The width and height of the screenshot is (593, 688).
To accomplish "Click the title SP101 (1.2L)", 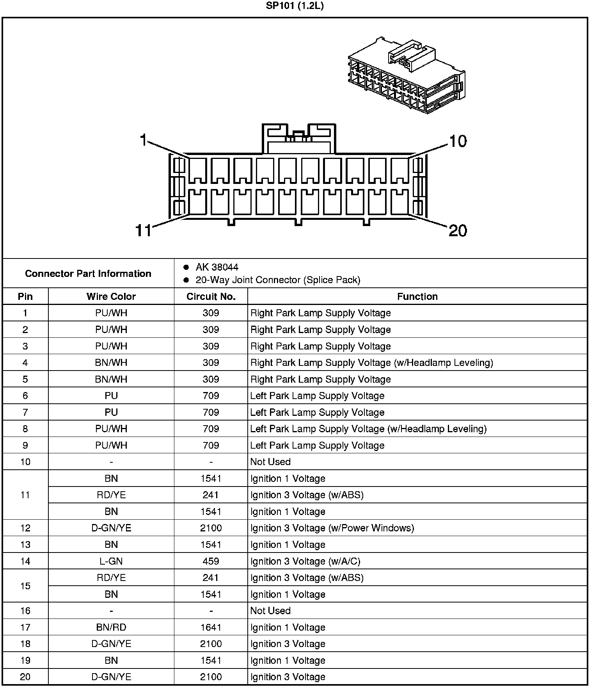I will (295, 6).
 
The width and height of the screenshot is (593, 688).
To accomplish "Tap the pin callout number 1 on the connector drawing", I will (144, 140).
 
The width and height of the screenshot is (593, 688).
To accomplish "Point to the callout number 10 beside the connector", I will (458, 141).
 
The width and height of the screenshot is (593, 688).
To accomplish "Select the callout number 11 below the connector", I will (143, 230).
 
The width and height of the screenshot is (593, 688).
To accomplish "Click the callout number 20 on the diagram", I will (458, 230).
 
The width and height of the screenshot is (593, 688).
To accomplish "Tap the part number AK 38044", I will (217, 267).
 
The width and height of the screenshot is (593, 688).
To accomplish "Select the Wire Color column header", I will (111, 296).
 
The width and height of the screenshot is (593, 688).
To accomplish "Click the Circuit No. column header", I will (211, 296).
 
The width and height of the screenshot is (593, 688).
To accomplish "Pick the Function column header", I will (417, 296).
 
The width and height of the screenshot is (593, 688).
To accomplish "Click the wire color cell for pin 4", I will (111, 363).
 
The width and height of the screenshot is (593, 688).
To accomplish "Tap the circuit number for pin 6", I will (211, 396).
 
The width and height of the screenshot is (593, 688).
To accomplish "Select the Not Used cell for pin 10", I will (270, 462).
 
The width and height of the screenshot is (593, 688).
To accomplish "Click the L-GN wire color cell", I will (111, 561).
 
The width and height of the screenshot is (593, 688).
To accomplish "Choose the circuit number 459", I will (211, 561).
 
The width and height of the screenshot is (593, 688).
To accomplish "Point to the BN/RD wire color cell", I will (111, 627).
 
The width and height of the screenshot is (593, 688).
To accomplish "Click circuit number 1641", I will (211, 627).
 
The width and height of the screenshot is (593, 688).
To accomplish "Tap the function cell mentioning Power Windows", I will (332, 528).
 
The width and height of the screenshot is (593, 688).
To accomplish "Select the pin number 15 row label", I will (25, 586).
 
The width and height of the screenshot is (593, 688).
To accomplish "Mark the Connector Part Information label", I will (88, 273).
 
